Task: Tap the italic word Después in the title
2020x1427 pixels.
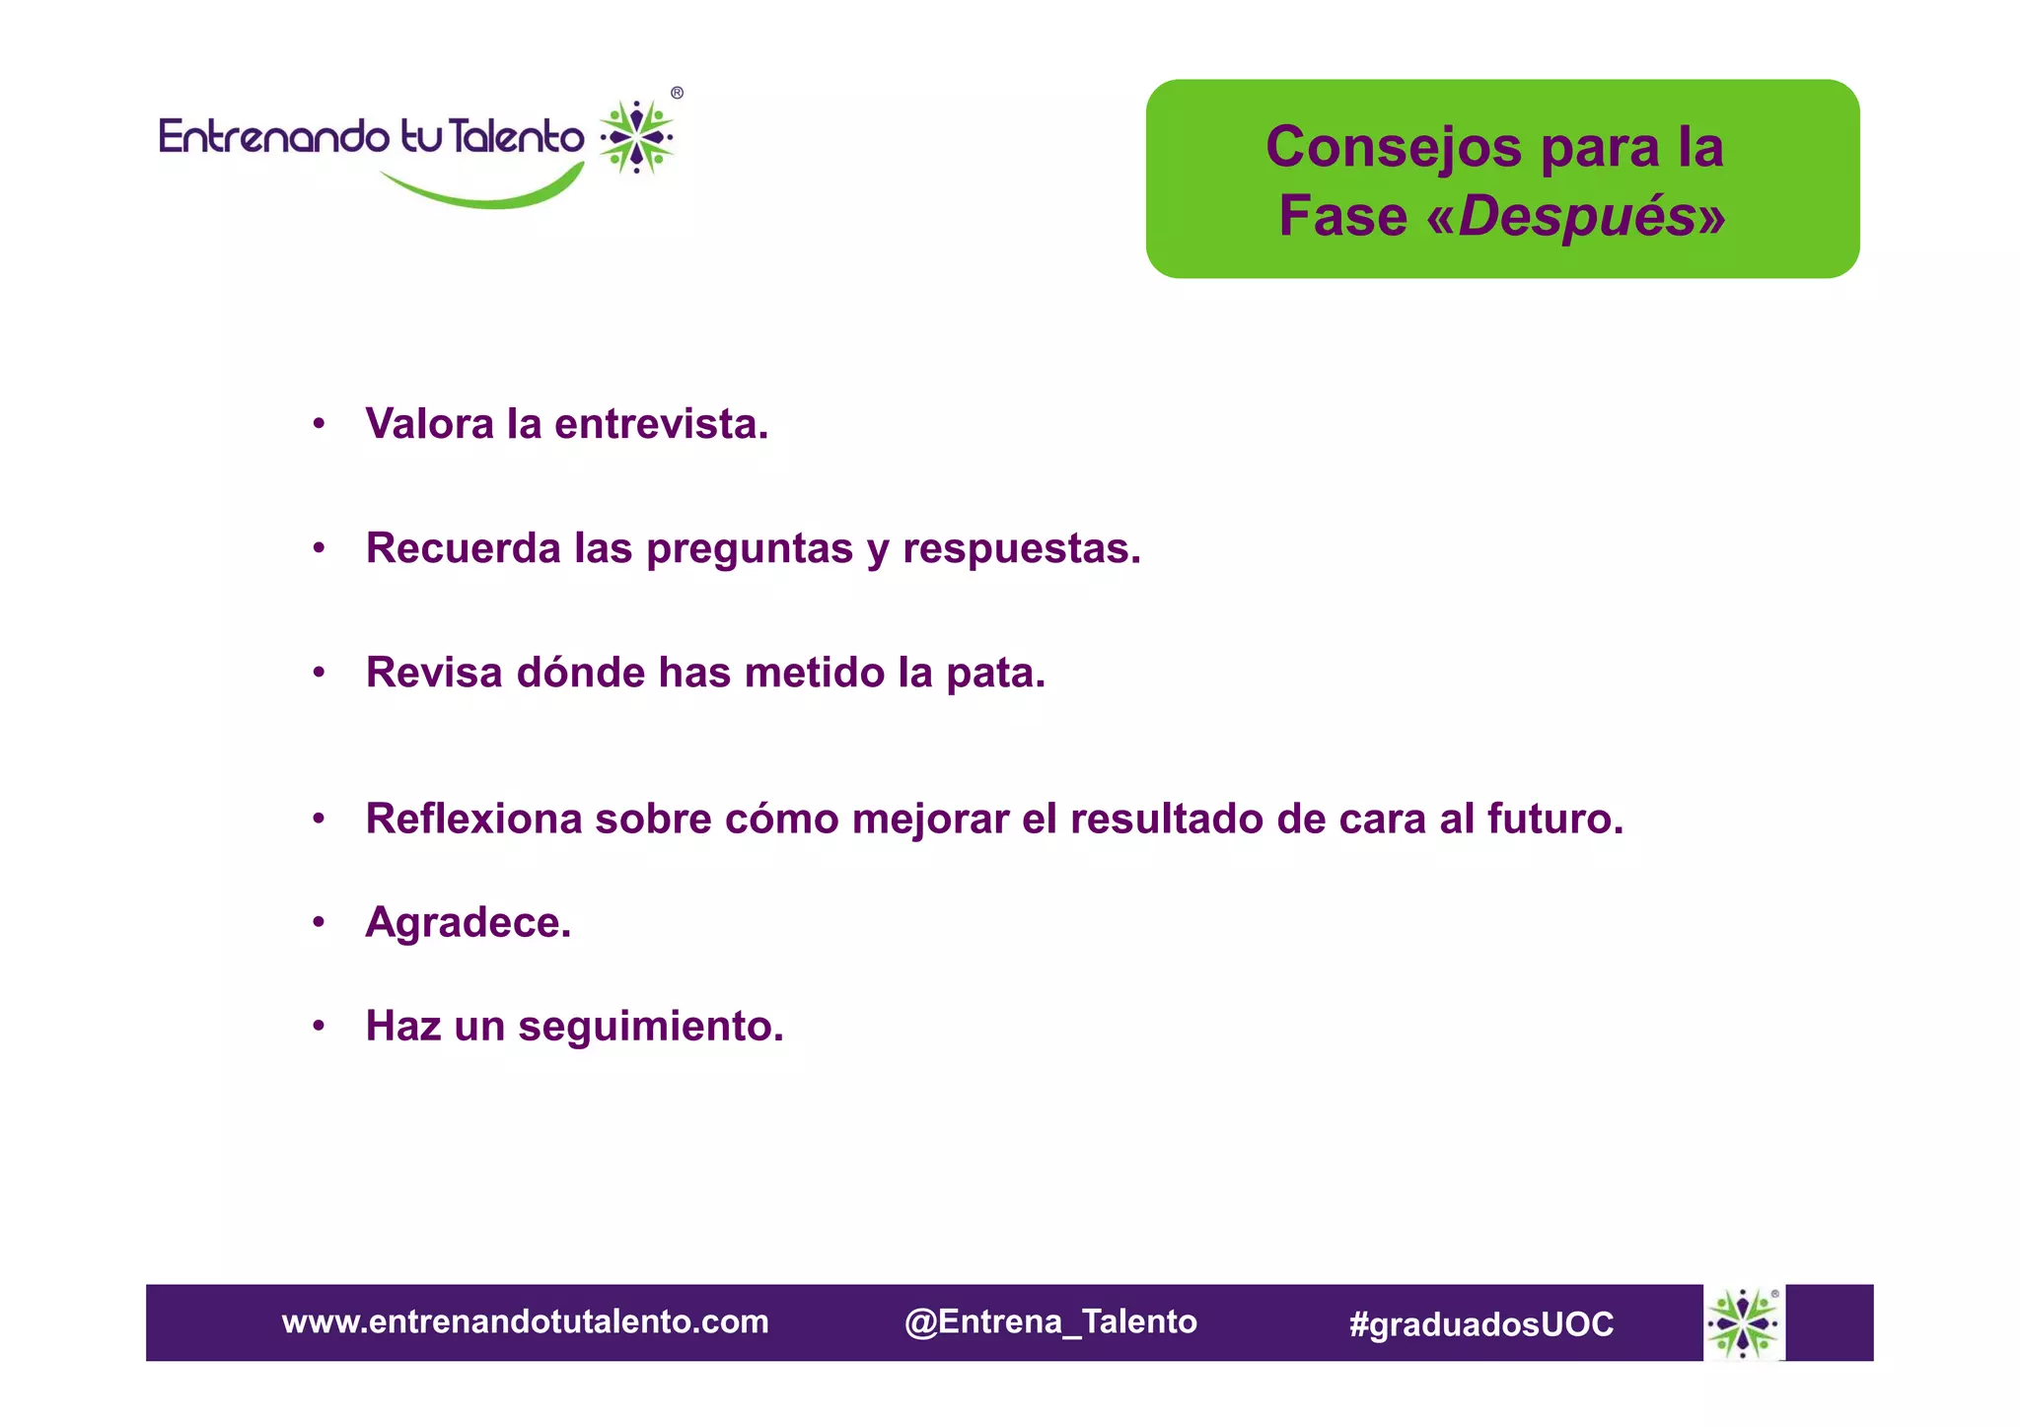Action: tap(1575, 216)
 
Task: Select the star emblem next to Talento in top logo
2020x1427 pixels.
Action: tap(637, 136)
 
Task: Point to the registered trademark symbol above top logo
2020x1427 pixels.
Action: tap(677, 93)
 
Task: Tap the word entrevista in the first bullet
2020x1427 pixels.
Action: tap(661, 425)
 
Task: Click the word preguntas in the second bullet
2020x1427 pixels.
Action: tap(750, 549)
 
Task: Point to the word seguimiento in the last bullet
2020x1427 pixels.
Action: tap(651, 1027)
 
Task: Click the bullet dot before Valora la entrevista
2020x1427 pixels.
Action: tap(319, 425)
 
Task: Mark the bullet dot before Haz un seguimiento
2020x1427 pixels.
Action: tap(319, 1027)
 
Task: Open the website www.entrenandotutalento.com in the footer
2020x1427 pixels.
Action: tap(525, 1321)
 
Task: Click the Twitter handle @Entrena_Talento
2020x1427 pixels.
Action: tap(1050, 1321)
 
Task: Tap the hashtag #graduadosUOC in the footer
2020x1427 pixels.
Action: tap(1481, 1323)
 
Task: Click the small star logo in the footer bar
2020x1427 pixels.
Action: tap(1743, 1322)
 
